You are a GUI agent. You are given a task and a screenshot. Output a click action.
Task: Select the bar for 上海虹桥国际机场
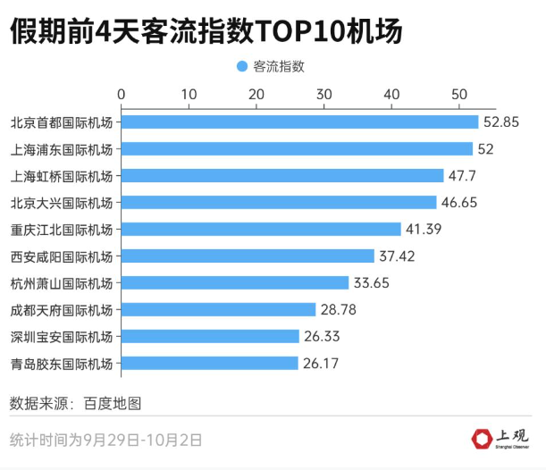[282, 176]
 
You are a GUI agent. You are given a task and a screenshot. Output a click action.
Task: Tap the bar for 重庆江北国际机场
[261, 230]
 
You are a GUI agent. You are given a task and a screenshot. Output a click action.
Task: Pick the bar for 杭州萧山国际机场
[235, 283]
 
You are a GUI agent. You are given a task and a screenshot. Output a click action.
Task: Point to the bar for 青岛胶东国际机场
[209, 364]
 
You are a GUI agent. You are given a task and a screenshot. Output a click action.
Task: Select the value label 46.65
[459, 203]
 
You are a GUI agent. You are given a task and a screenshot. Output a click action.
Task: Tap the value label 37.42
[397, 256]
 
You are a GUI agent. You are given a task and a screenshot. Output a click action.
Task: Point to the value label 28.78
[339, 310]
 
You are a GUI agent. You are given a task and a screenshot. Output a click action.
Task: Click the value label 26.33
[322, 337]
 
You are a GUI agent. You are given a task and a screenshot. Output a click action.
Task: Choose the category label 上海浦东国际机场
[62, 149]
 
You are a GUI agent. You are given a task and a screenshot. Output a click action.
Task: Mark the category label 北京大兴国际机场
[62, 203]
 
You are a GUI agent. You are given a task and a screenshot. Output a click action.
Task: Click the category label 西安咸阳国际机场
[62, 256]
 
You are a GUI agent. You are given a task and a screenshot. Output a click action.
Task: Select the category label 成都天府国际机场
[62, 310]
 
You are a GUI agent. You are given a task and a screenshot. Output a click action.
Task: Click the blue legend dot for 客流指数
[241, 66]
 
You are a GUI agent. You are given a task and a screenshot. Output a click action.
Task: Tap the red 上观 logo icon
[482, 438]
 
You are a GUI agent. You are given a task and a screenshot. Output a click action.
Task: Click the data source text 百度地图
[113, 403]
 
